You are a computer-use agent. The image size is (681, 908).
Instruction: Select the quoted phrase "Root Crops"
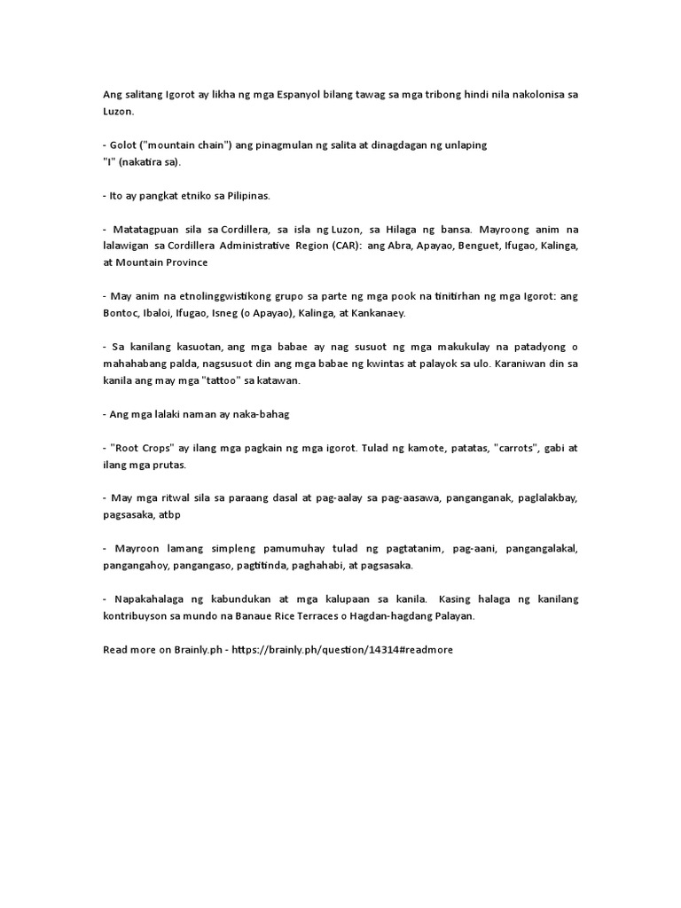(x=142, y=448)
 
